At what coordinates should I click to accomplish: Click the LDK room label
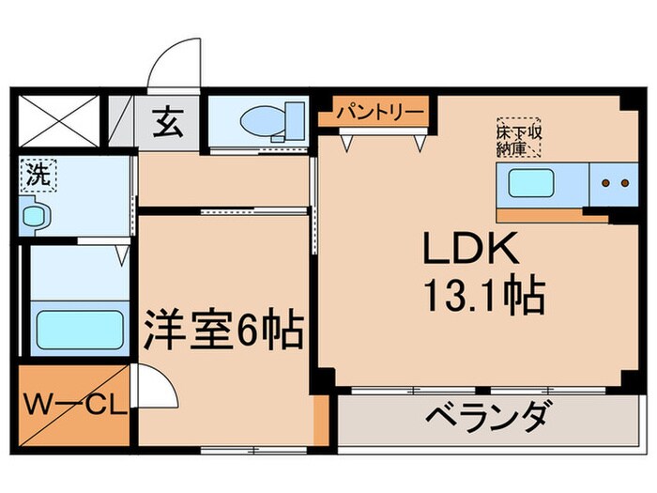coord(471,251)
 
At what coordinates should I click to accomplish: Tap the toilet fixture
coord(270,120)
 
